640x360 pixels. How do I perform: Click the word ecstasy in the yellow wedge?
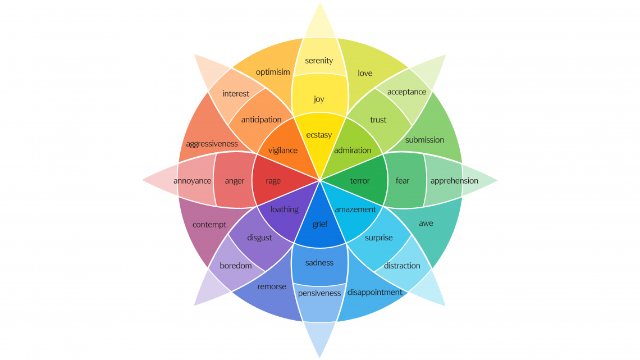coord(319,135)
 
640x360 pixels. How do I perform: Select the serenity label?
coord(319,61)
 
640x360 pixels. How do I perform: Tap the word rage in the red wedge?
coord(273,181)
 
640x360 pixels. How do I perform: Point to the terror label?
coord(360,181)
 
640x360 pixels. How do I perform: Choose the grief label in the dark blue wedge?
coord(320,224)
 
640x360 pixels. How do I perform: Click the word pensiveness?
coord(319,293)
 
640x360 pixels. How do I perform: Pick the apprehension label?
coord(454,181)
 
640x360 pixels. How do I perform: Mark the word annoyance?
coord(192,181)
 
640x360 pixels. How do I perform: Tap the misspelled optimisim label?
coord(273,72)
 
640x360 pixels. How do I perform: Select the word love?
coord(365,73)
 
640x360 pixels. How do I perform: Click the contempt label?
coord(209,225)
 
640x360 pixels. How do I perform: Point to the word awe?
coord(426,224)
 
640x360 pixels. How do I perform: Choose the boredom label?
coord(236,266)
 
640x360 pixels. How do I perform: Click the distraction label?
coord(402,266)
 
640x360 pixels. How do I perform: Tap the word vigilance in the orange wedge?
coord(283,151)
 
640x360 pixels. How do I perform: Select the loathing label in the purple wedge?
coord(285,209)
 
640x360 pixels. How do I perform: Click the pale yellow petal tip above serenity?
coord(320,3)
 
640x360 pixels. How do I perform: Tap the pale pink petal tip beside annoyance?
coord(143,180)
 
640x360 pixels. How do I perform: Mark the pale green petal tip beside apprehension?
coord(497,180)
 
